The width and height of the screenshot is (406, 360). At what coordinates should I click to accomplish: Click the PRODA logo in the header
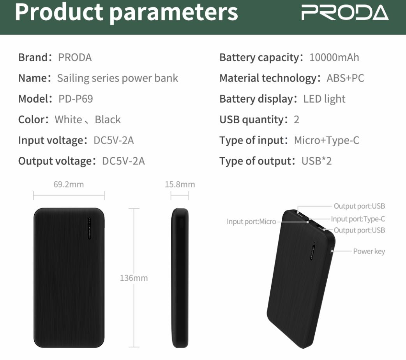(345, 12)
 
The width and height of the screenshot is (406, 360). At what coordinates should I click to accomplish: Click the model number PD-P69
(76, 99)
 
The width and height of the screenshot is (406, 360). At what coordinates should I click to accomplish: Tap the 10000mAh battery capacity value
(334, 57)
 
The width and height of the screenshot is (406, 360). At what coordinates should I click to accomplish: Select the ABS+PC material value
(345, 78)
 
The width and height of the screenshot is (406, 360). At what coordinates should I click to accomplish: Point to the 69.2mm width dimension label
(69, 184)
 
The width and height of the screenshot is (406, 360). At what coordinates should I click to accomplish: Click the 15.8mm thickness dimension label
(180, 184)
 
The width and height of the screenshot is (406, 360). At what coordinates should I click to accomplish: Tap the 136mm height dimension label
(134, 278)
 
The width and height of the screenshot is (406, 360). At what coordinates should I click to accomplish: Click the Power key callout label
(369, 251)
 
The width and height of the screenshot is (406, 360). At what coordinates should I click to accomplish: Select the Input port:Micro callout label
(251, 222)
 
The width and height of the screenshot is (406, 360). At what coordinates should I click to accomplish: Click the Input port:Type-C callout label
(358, 219)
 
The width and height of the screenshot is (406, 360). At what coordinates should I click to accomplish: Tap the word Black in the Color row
(108, 119)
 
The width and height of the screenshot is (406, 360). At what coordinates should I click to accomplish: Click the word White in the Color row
(68, 119)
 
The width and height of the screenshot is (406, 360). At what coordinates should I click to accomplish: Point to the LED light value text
(324, 99)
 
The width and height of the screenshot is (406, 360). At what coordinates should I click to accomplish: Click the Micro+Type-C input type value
(327, 140)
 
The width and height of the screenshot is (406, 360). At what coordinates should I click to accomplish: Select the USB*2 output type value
(316, 161)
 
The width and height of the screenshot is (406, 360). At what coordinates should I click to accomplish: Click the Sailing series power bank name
(118, 78)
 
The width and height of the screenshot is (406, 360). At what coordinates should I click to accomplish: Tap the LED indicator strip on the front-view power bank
(90, 228)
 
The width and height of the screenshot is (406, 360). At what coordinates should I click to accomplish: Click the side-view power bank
(180, 278)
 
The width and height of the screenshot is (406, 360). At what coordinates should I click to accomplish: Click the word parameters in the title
(174, 12)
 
